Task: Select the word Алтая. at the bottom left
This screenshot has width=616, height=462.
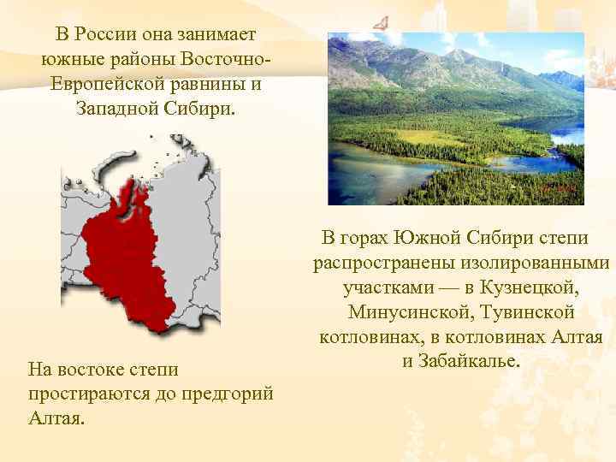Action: tap(56, 420)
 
